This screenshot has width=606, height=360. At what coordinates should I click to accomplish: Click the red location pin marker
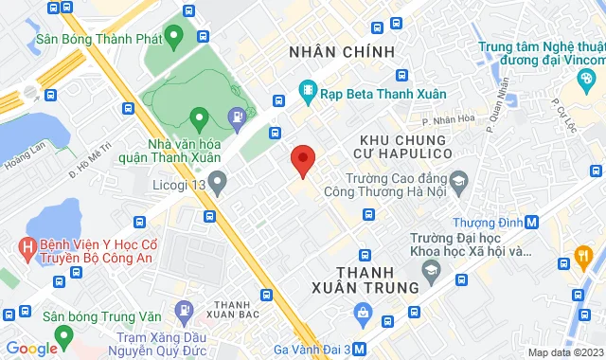302,160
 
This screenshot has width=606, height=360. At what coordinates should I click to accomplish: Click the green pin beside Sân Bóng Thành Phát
172,37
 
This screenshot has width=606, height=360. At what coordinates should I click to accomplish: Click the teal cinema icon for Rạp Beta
307,92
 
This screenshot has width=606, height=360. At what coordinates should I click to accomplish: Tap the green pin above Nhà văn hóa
199,119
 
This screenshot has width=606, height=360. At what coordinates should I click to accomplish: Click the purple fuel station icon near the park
237,117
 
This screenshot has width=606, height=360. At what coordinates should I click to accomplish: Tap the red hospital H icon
27,249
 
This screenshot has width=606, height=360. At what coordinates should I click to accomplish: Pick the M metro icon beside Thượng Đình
532,223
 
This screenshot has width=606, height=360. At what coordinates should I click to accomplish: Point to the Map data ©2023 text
563,352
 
